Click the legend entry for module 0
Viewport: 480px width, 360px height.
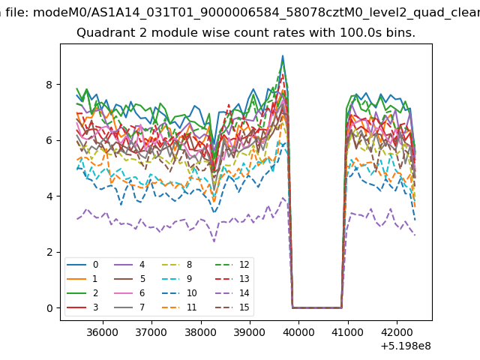coord(82,265)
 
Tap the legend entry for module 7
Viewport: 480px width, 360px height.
coord(129,307)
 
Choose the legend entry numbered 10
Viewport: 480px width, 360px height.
coord(179,293)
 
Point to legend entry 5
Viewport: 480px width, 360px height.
coord(129,279)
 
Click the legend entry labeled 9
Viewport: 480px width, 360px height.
coord(177,279)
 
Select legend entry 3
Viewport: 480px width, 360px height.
coord(82,307)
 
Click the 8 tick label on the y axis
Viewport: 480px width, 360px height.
coord(49,85)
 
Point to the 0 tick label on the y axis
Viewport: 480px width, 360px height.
coord(49,308)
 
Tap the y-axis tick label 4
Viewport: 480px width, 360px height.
coord(49,196)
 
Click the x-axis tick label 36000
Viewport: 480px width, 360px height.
coord(103,332)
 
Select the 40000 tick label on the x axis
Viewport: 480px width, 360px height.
coord(298,332)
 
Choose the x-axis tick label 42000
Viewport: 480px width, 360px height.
coord(397,332)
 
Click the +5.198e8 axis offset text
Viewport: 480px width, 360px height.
coord(406,346)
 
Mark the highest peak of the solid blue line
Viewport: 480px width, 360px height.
coord(283,55)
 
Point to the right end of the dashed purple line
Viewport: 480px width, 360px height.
coord(415,235)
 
